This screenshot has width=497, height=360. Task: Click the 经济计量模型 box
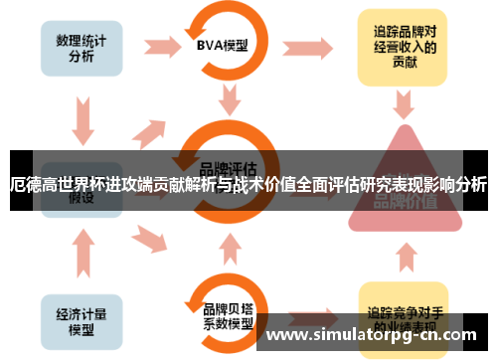tap(82, 316)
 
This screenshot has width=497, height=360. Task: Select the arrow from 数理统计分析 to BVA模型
tap(159, 46)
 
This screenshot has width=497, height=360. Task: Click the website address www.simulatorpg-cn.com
tap(375, 335)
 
